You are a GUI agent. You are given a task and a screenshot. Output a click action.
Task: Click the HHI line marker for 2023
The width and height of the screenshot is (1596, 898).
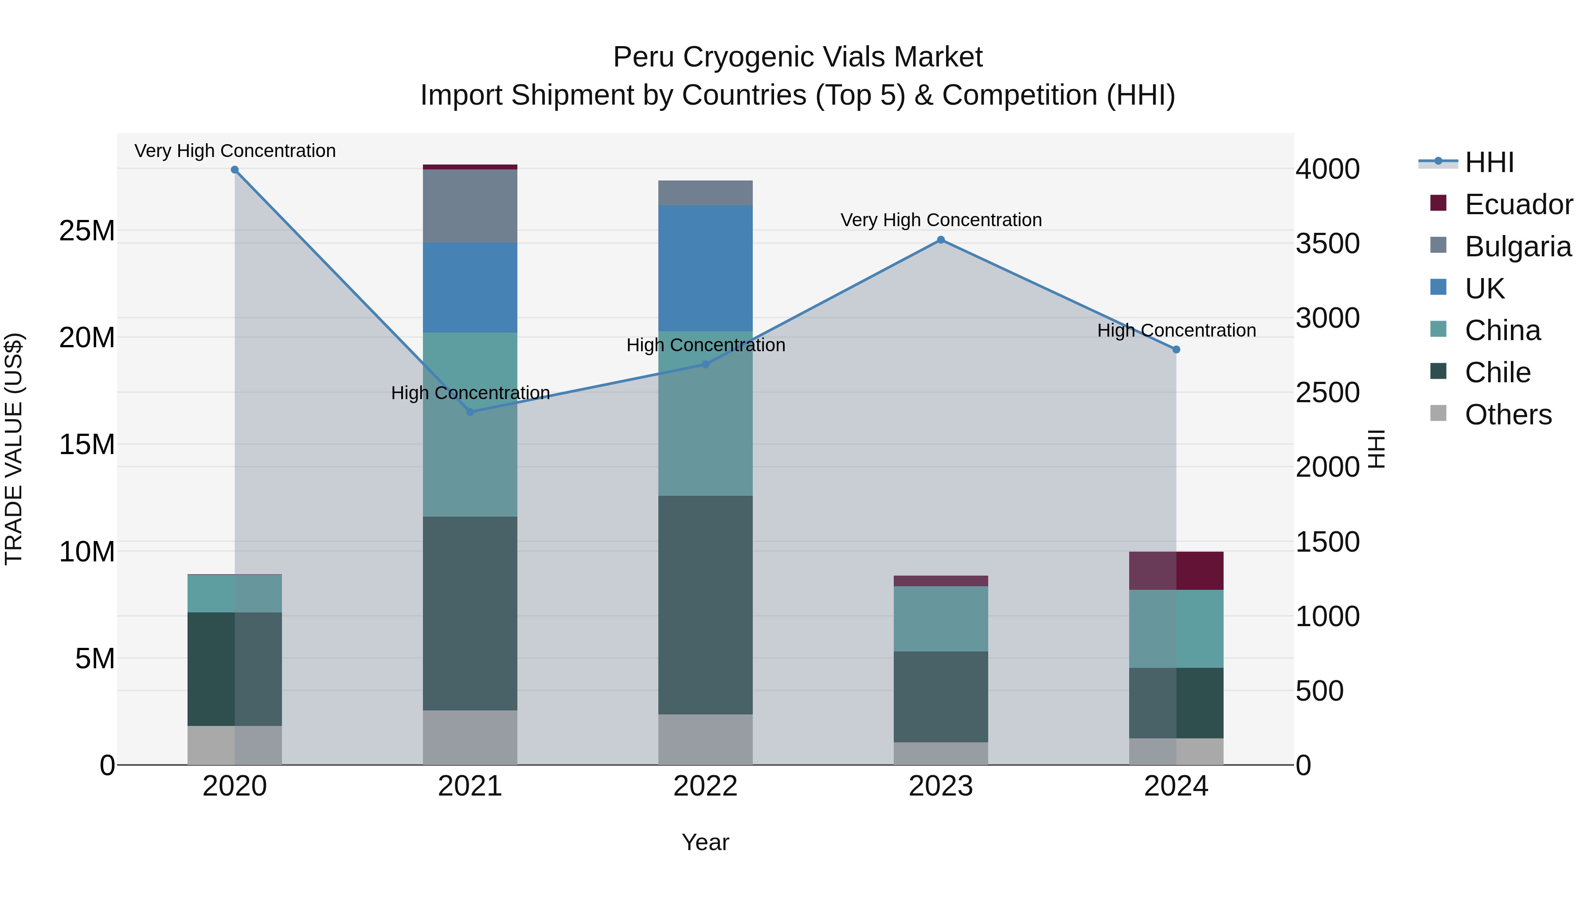[940, 240]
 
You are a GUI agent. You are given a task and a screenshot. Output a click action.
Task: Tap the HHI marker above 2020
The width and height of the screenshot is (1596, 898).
[235, 170]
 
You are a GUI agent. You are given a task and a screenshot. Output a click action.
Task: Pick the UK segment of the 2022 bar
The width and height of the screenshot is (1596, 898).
[705, 268]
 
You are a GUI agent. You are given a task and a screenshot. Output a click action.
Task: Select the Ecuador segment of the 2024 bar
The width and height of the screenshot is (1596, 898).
[1176, 570]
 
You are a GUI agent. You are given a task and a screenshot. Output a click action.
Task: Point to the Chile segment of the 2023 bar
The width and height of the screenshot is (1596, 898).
[940, 697]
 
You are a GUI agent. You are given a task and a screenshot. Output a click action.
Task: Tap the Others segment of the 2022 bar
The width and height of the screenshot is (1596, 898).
[705, 739]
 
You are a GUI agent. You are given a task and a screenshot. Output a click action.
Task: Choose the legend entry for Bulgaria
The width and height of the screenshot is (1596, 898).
[1518, 247]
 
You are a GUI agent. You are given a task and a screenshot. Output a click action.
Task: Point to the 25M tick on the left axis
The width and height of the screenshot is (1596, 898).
[87, 231]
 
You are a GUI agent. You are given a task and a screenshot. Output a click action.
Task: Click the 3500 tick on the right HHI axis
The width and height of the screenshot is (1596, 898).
[1327, 243]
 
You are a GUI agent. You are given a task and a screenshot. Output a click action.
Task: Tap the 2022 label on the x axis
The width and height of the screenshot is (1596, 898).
[705, 786]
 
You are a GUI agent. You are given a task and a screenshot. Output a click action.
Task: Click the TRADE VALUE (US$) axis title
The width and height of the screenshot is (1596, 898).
[14, 449]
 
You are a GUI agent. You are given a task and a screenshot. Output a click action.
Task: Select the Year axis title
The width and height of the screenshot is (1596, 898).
[705, 842]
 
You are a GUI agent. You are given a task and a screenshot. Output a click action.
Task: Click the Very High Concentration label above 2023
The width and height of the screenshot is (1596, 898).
[940, 220]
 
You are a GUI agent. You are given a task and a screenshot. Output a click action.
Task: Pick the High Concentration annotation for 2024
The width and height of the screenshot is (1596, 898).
[1176, 330]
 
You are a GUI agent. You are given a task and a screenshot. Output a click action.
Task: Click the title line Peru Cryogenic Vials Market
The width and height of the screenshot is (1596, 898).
[798, 57]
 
